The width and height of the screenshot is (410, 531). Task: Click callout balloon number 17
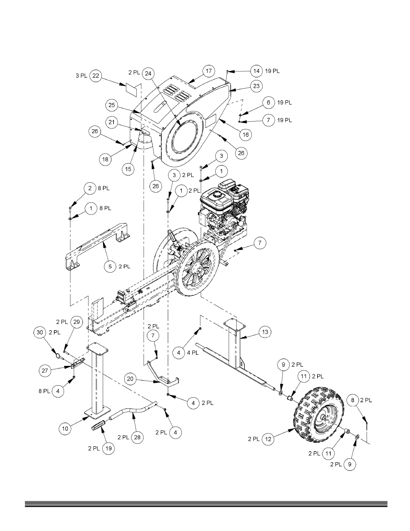click(208, 71)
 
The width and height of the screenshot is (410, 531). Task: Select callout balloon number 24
click(148, 74)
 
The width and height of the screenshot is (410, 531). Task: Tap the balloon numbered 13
click(265, 332)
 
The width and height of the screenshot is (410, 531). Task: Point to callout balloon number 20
click(130, 379)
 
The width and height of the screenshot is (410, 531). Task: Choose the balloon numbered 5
click(110, 266)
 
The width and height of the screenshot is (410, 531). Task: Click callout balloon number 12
click(268, 439)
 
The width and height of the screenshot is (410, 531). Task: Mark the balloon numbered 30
click(40, 332)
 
